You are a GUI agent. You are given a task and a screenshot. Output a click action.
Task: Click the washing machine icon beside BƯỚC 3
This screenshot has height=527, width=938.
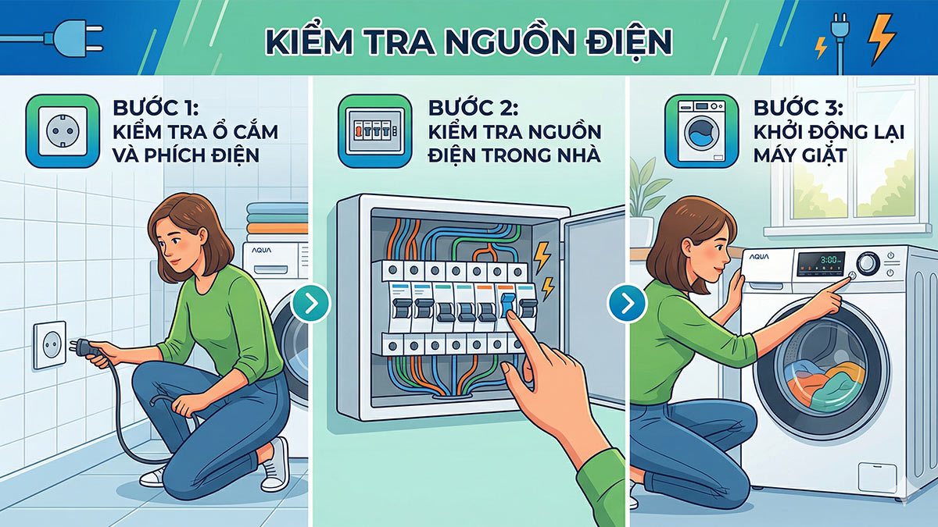click(x=700, y=130)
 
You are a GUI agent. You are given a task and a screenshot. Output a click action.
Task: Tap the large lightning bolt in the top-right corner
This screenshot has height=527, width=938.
click(x=882, y=39)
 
